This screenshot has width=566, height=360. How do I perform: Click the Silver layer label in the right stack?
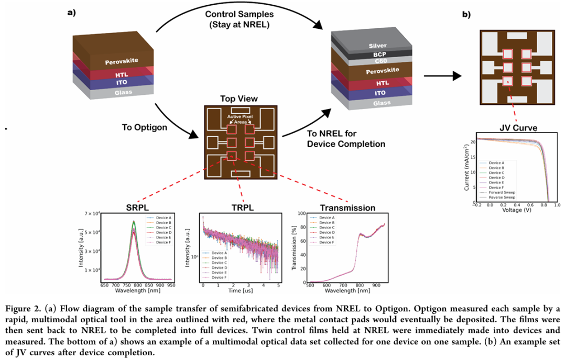click(377, 46)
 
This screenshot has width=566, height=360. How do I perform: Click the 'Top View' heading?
click(238, 99)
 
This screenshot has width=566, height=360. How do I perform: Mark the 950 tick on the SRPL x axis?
click(171, 286)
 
